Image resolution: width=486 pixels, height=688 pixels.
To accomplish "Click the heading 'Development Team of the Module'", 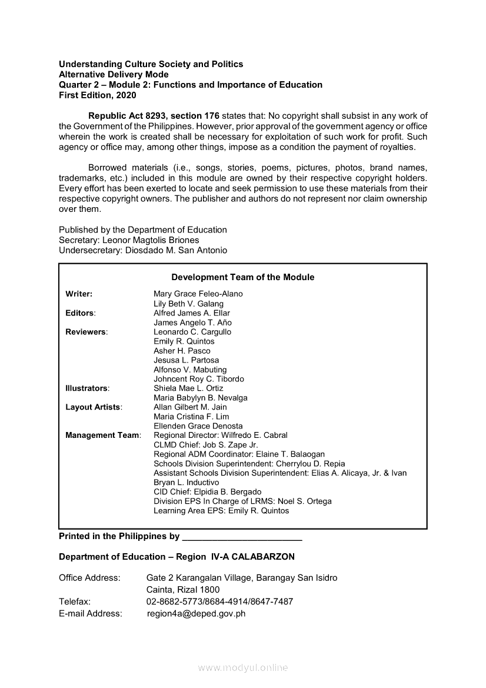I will tap(242, 277).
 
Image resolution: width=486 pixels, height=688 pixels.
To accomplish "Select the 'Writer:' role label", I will tap(79, 294).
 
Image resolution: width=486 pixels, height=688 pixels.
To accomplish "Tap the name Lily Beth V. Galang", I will tap(188, 304).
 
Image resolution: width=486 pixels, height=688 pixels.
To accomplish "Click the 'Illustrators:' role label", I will tap(88, 388).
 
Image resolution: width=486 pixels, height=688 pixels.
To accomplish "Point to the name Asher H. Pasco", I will tap(182, 351).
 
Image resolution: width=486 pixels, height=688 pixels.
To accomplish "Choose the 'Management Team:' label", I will tap(104, 436).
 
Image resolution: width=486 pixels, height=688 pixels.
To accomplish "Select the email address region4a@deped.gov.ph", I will tap(196, 613).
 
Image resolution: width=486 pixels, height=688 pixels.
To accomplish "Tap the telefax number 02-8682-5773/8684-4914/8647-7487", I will tap(219, 601).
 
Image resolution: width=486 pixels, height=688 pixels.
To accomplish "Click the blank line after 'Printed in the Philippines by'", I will tap(242, 537).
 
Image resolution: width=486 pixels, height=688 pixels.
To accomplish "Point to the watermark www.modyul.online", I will tap(243, 668).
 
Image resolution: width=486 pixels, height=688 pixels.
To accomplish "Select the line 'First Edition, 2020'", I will tap(97, 95).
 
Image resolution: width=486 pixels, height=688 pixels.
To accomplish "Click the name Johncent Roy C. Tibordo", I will tap(198, 379).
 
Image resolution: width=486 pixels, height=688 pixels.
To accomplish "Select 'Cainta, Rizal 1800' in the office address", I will tap(183, 590).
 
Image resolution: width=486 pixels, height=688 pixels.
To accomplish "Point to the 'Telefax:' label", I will tap(75, 601).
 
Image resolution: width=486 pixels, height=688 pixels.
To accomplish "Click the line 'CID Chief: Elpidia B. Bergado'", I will tap(207, 492).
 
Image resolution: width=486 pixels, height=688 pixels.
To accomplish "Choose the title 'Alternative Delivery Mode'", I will tap(114, 74).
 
